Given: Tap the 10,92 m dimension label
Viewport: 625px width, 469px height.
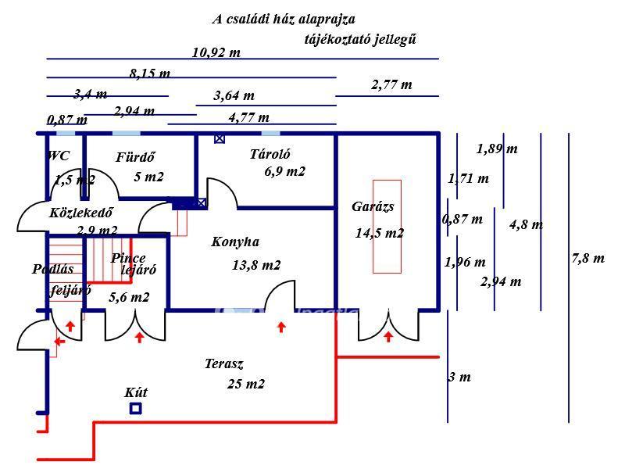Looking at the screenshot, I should [216, 52].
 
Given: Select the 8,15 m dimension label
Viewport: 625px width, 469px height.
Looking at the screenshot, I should [150, 74].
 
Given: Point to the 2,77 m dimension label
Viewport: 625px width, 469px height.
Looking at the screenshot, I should [391, 84].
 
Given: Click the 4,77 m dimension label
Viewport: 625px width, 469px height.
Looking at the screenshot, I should [249, 117].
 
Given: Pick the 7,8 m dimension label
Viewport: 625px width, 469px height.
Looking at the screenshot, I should [587, 258].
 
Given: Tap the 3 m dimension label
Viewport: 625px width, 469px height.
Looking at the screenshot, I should [460, 377].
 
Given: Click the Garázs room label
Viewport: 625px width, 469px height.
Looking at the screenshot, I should [373, 207].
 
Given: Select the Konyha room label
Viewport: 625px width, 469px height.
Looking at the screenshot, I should [235, 242].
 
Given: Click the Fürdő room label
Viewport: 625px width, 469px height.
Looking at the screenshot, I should [136, 157].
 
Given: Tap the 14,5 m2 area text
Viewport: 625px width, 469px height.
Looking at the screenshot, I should [380, 233].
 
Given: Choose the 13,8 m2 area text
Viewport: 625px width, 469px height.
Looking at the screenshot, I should [256, 265].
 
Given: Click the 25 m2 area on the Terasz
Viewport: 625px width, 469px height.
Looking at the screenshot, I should [246, 384].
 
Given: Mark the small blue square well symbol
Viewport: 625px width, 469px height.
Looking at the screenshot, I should [136, 408].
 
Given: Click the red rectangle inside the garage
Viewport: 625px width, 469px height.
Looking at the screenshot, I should [387, 226].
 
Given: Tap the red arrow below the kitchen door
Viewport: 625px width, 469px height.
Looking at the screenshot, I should [281, 328].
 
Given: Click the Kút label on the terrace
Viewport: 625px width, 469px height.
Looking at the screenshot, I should [136, 392].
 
